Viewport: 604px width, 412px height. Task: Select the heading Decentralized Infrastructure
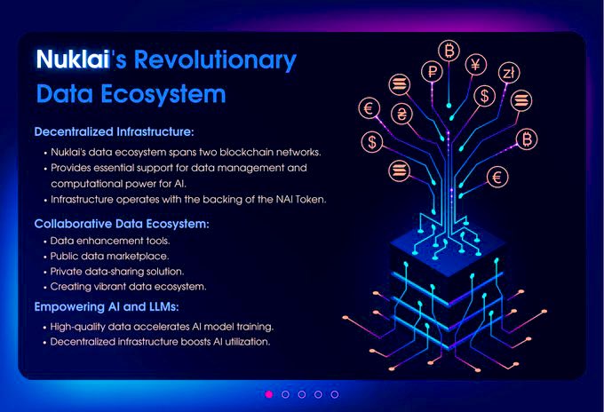pos(114,131)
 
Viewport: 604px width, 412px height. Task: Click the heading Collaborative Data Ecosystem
pos(122,223)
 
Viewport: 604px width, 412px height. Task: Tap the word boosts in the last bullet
pos(193,341)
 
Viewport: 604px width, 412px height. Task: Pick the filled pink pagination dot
pos(269,393)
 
